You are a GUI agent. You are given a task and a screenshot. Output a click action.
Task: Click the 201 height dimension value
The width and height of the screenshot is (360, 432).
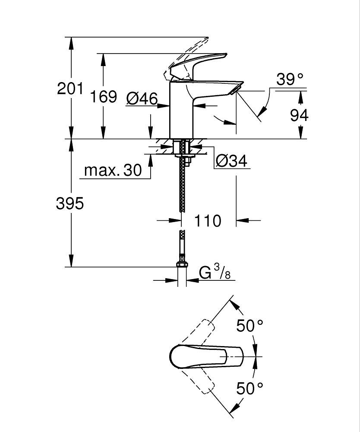coord(70,89)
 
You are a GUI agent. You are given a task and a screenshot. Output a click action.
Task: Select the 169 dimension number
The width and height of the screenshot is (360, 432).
coord(104,96)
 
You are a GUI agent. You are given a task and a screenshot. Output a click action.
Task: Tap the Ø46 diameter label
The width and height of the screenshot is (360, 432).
coord(142,99)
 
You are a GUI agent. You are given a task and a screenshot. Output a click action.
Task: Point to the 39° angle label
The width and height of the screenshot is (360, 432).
coord(290,80)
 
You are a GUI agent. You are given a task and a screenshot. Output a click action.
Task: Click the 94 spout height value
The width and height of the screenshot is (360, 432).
coord(299,115)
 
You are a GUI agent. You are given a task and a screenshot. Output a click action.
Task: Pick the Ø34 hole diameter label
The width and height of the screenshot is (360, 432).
coord(231,161)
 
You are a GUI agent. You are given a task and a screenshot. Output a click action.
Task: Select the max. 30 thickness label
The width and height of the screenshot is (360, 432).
coord(113,170)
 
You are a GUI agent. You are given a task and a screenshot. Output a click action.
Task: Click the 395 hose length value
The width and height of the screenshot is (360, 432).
coord(70,203)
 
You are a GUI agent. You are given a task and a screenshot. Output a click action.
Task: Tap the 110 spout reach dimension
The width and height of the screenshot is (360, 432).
coord(208,221)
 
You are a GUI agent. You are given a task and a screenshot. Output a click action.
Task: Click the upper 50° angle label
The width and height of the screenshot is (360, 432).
coord(249,326)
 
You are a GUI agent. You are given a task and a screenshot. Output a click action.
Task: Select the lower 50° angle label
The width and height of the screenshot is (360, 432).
coord(249,388)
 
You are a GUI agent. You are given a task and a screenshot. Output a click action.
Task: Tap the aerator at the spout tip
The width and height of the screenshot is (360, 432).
coord(235,89)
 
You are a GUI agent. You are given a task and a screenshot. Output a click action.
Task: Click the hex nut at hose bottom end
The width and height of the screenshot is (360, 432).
coord(182,264)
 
